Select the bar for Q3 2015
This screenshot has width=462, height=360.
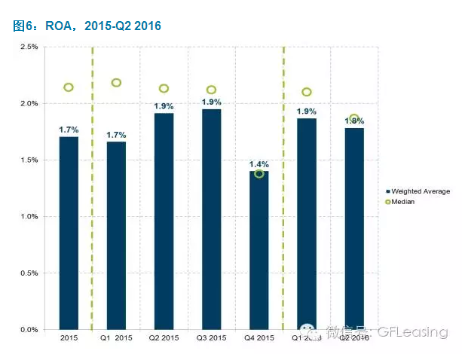(211, 219)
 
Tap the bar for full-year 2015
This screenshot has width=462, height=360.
(69, 233)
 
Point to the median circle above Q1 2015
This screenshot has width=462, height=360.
(116, 83)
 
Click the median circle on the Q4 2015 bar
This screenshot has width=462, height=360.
(259, 174)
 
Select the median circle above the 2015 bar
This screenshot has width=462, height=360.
(69, 87)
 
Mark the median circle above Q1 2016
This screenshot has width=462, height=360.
(306, 92)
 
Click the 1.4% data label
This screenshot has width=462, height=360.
(259, 164)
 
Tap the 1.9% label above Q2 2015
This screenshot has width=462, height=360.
(164, 106)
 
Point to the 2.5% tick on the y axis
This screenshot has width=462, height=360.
(29, 47)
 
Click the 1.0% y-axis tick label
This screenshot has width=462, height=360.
(29, 217)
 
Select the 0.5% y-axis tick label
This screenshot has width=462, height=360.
(29, 273)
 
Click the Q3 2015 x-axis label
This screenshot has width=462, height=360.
(211, 338)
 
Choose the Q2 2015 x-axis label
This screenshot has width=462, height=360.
(164, 338)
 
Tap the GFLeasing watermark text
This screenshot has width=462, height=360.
(412, 332)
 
